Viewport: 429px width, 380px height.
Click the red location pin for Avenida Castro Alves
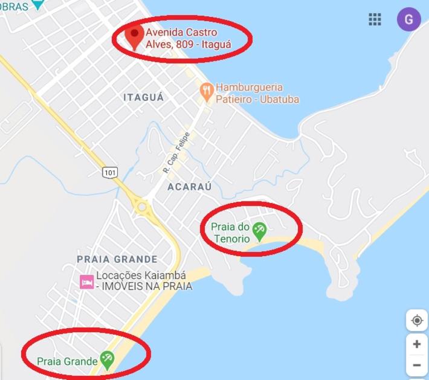136,36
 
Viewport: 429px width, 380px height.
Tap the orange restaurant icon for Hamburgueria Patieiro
207,92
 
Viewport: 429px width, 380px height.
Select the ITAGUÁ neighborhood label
144,97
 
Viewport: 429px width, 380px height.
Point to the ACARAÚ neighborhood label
190,187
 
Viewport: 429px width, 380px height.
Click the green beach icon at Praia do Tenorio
259,231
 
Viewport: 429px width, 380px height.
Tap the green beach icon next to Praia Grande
107,360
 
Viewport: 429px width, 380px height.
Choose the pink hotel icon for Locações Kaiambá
87,282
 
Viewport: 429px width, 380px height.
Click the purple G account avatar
409,19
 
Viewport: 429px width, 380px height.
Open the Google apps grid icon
375,19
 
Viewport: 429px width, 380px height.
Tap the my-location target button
417,320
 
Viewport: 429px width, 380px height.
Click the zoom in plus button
417,344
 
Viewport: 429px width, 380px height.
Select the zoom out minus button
417,366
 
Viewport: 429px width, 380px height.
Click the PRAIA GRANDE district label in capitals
117,259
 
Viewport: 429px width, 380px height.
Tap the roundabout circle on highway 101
143,207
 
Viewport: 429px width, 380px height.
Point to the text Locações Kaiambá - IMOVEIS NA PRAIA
144,281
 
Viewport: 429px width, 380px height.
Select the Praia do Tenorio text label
230,233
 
